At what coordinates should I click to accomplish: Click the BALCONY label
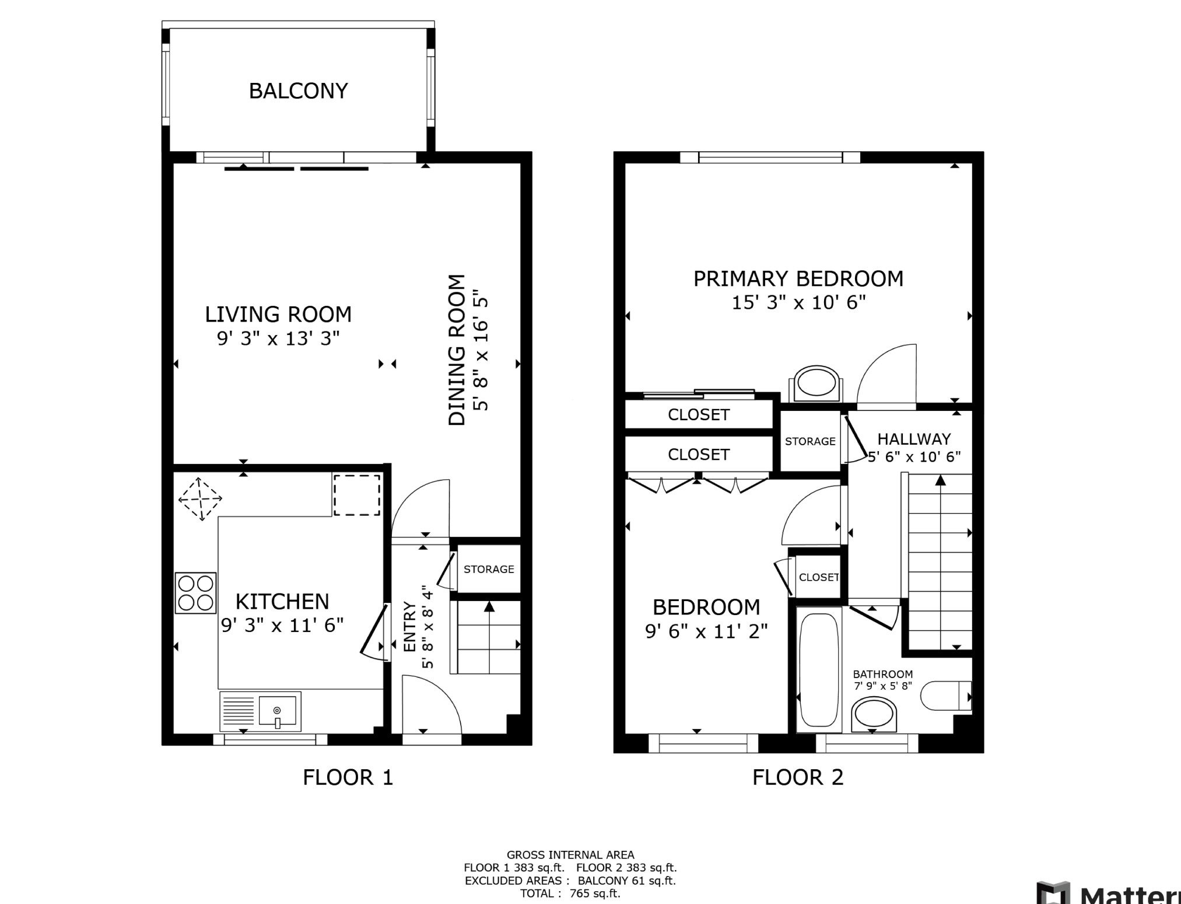[x=298, y=91]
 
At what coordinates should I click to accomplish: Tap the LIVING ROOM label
[x=278, y=315]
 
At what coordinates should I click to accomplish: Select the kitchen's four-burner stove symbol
[x=196, y=593]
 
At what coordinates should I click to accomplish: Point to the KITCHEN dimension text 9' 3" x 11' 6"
[x=282, y=625]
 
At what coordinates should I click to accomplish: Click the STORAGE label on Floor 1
[x=489, y=569]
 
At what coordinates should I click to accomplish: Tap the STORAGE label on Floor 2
[x=810, y=441]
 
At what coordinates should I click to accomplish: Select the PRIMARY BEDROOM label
[x=798, y=279]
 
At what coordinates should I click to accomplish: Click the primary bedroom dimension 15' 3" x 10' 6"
[x=798, y=303]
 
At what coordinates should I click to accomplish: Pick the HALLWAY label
[x=914, y=439]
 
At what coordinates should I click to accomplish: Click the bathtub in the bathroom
[x=819, y=669]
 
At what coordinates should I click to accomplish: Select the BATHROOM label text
[x=883, y=674]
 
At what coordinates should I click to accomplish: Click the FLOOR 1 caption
[x=348, y=777]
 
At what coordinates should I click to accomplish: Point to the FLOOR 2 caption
[x=798, y=777]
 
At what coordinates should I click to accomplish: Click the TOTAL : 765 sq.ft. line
[x=570, y=893]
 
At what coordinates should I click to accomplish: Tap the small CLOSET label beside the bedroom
[x=819, y=577]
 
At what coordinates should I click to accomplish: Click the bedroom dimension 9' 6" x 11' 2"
[x=706, y=631]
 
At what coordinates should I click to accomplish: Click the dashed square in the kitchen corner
[x=357, y=495]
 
